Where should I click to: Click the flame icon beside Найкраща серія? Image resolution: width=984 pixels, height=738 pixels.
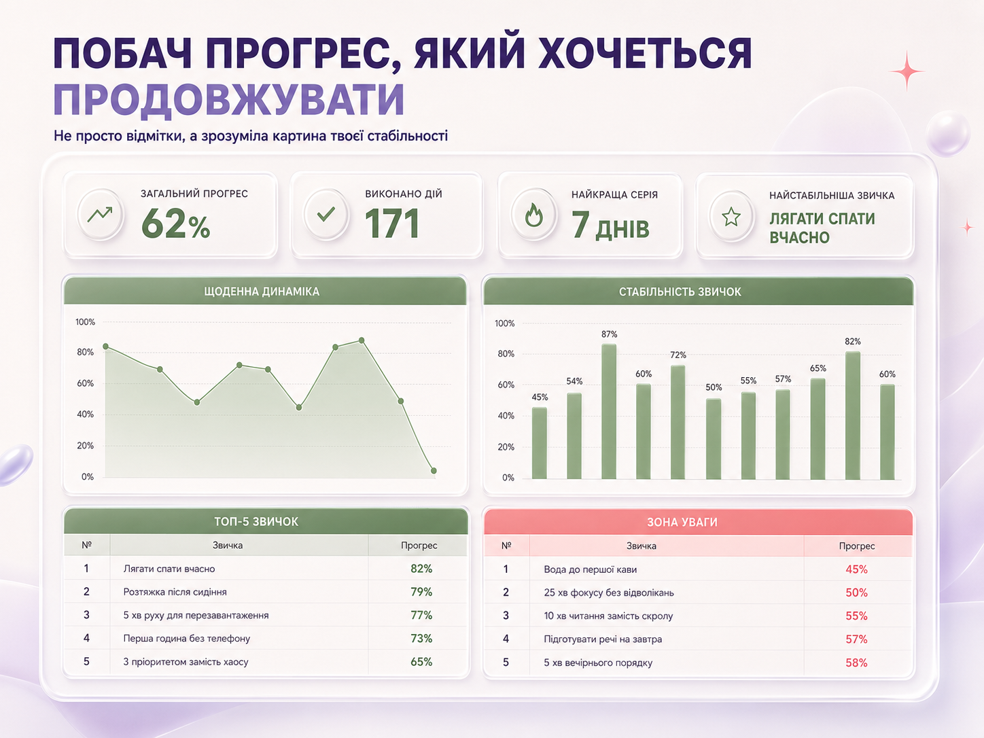point(534,215)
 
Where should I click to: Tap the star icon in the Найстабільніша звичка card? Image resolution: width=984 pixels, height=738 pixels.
point(731,216)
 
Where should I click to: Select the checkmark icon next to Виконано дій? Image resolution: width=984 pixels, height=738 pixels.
point(326,214)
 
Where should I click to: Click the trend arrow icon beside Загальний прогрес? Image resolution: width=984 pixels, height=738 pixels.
point(99,214)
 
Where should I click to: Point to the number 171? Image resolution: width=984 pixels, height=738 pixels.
point(392,224)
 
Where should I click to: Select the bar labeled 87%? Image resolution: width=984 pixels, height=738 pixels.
point(609,411)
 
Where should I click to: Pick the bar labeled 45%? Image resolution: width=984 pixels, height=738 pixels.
point(540,443)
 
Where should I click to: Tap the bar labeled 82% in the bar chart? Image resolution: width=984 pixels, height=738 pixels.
point(853,415)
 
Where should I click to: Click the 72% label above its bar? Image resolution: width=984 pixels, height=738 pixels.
point(678,355)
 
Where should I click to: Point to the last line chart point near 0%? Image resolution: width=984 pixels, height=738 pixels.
point(434,471)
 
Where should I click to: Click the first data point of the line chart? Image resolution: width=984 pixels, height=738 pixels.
point(106,347)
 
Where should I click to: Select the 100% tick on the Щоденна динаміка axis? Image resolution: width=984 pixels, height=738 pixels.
point(85,321)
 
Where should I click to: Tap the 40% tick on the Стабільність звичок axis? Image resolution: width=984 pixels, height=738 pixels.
point(506,416)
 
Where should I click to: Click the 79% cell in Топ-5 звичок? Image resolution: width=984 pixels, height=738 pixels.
point(421,592)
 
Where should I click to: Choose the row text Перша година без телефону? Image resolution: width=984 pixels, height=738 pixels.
point(186,638)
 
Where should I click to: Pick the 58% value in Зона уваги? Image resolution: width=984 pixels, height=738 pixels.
point(856,663)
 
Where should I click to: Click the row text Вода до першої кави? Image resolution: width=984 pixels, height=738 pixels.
point(590,569)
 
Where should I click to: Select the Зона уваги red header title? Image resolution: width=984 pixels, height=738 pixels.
point(682,522)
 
